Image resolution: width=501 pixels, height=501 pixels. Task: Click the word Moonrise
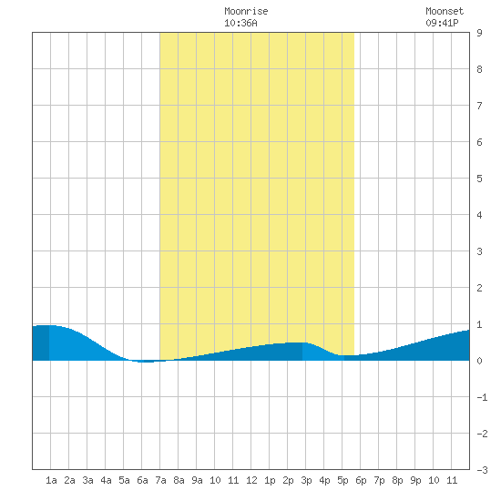pos(246,11)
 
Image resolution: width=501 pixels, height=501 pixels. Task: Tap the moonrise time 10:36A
pos(240,23)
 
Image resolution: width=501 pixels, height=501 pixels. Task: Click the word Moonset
pos(445,11)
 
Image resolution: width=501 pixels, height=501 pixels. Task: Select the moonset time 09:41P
pos(442,23)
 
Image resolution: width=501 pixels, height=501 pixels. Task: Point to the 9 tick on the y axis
pos(479,33)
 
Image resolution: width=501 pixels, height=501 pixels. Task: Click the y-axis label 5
pos(479,179)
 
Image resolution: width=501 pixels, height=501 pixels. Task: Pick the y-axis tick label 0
pos(479,361)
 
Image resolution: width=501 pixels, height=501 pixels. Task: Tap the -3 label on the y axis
pos(483,470)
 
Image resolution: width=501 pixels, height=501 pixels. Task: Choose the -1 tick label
pos(483,397)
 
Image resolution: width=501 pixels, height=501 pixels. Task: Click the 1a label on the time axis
pos(51,480)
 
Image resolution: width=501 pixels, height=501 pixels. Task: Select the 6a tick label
pos(142,480)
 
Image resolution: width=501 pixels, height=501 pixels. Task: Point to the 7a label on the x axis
pos(160,480)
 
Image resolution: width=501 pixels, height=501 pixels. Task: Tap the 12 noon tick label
pos(251,480)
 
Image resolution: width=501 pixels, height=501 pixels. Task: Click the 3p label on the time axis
pos(306,480)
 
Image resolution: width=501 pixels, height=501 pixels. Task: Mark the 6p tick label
pos(361,480)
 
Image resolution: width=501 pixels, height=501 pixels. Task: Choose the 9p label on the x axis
pos(415,480)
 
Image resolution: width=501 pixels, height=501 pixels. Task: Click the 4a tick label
pos(106,480)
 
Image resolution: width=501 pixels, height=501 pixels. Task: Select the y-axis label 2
pos(479,288)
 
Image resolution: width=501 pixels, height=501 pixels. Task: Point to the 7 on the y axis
pos(479,106)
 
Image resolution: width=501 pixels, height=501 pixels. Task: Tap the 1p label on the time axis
pos(270,480)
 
